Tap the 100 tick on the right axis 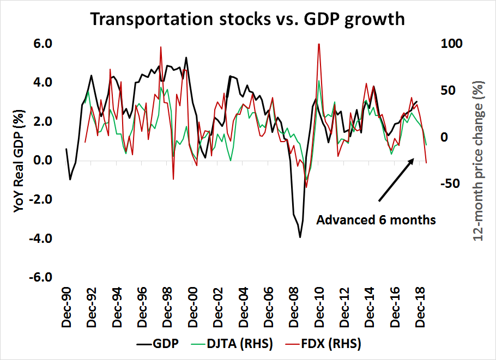[452, 43]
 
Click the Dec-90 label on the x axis [66, 308]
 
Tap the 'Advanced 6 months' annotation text [376, 220]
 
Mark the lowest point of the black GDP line [300, 237]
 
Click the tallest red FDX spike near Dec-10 [318, 44]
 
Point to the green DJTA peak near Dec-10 [319, 81]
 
